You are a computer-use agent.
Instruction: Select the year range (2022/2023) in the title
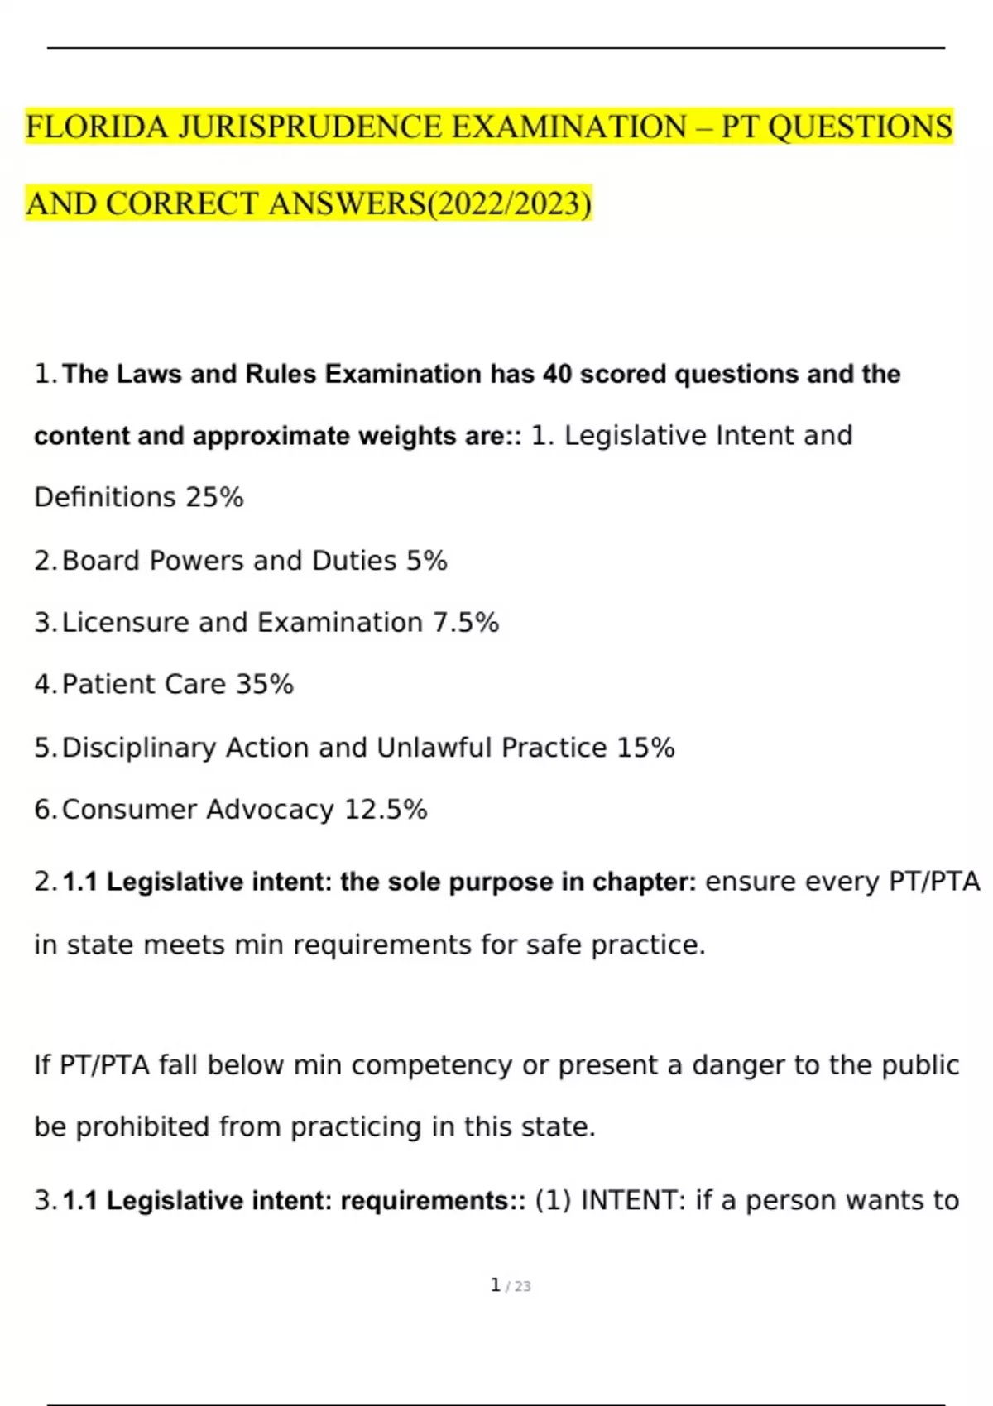[x=511, y=204]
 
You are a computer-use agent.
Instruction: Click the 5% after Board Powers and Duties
[x=426, y=561]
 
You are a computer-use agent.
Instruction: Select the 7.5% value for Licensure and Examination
[x=466, y=623]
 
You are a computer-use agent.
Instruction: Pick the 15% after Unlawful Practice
[x=645, y=748]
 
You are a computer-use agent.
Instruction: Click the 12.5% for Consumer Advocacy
[x=386, y=810]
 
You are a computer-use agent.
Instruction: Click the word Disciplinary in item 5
[x=139, y=748]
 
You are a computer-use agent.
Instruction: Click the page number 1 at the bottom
[x=495, y=1285]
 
